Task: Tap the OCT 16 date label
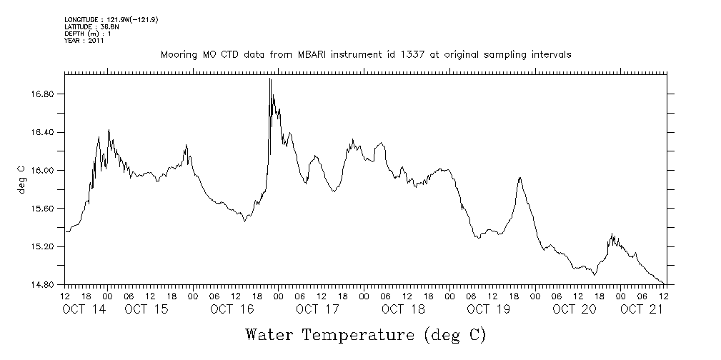point(232,309)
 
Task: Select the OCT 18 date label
point(403,309)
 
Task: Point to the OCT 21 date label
point(641,309)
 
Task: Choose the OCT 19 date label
point(488,309)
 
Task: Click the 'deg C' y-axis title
point(21,179)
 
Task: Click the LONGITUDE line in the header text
point(111,20)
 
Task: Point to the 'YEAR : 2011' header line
point(84,41)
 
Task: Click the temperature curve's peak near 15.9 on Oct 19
point(519,177)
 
